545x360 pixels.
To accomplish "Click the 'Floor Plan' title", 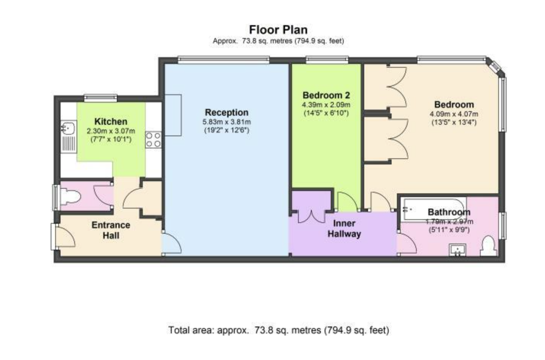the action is pos(278,30).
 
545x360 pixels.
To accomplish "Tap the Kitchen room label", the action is pos(111,121).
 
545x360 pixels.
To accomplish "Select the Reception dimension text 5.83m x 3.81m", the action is pos(226,122).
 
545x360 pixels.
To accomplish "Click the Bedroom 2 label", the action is pos(326,95).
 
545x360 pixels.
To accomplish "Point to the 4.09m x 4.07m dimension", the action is pos(454,114).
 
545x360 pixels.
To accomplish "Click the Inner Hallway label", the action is pos(344,229).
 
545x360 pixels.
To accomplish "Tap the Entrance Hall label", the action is pos(111,230).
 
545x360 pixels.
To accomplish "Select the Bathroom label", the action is pos(449,212).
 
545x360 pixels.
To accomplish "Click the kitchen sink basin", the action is pos(69,128).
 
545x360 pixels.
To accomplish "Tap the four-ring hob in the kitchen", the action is pos(153,140).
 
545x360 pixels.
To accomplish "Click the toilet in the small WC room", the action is pos(70,197).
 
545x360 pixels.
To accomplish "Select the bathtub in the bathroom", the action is pos(434,209).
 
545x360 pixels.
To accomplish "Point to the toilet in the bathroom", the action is pos(489,246).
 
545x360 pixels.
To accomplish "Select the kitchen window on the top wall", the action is pos(100,98).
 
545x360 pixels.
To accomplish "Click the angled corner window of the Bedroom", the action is pos(495,66).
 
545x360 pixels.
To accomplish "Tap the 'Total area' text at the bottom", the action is pos(279,330).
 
